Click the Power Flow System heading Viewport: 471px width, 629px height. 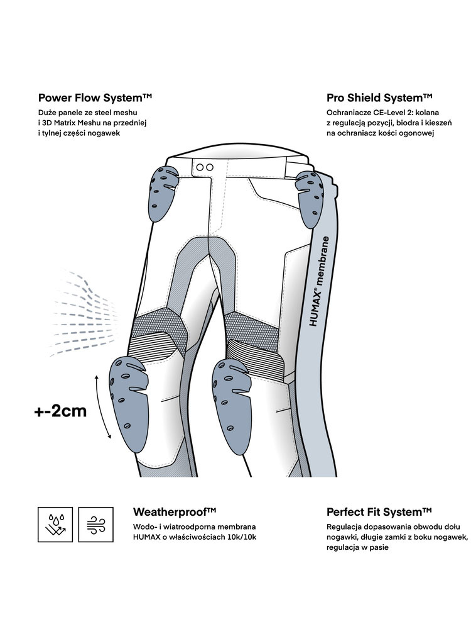pyautogui.click(x=95, y=97)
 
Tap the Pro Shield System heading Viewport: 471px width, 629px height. pyautogui.click(x=379, y=97)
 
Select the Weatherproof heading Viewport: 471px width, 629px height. pyautogui.click(x=175, y=511)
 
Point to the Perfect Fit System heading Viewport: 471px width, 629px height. pyautogui.click(x=379, y=511)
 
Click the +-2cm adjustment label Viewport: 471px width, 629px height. pyautogui.click(x=60, y=412)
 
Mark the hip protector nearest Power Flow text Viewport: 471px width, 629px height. pyautogui.click(x=163, y=191)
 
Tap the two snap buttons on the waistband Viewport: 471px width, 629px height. pyautogui.click(x=204, y=167)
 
